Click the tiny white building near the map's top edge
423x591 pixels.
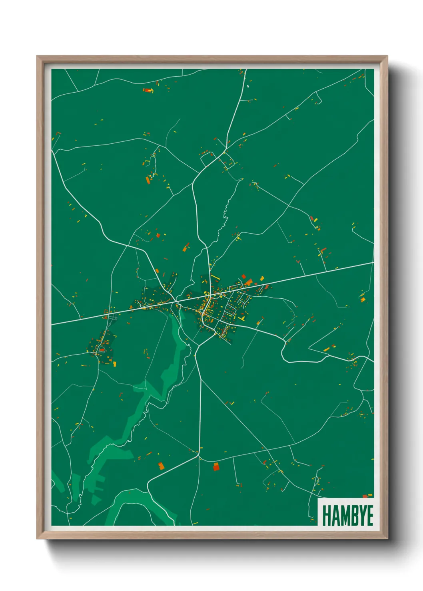pos(248,85)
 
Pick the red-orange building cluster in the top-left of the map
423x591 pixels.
pos(148,90)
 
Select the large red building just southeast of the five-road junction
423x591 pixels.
pos(216,466)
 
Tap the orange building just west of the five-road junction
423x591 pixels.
pos(161,466)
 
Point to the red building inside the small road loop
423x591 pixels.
pos(102,350)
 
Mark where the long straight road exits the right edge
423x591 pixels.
pos(373,263)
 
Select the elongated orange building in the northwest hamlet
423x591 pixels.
pos(148,180)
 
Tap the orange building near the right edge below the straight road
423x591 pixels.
pos(363,299)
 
